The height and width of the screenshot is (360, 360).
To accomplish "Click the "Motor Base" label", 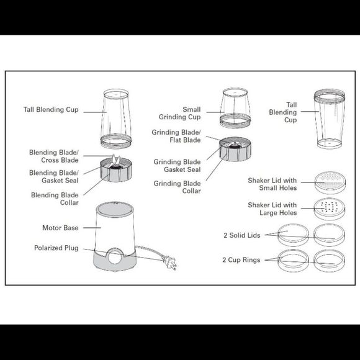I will coord(60,228).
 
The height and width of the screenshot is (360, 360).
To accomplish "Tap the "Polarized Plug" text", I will coord(56,248).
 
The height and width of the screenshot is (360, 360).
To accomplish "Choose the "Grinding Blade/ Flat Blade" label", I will coord(176,137).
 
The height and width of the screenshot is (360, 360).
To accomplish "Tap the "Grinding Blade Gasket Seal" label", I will coord(177,166).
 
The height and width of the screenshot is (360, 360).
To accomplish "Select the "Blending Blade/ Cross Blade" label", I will coord(54,156).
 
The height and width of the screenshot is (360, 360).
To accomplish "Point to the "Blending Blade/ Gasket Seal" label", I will coord(54,177).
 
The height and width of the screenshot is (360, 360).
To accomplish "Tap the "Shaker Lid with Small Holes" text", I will coord(272,184).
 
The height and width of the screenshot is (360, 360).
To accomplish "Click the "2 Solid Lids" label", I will coord(243,235).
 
